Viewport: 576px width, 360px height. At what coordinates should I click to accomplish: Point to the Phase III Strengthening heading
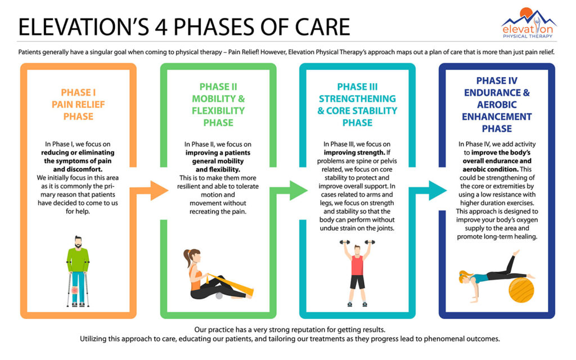tap(357, 105)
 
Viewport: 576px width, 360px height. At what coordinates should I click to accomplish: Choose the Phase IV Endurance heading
tap(497, 105)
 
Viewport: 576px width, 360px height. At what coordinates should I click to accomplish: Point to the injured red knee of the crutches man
tap(75, 290)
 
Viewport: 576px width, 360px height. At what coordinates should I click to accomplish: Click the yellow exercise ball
tap(521, 290)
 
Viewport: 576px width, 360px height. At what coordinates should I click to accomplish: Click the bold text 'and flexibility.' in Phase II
tap(218, 169)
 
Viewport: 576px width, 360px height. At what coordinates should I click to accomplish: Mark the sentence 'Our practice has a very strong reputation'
tap(287, 329)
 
